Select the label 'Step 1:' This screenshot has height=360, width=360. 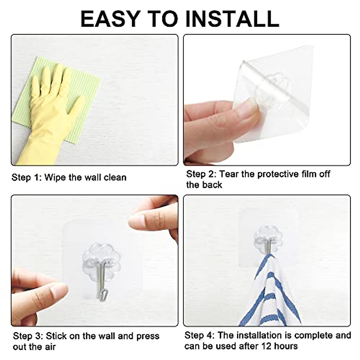[x=26, y=177]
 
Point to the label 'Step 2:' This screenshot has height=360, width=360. [x=201, y=174]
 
